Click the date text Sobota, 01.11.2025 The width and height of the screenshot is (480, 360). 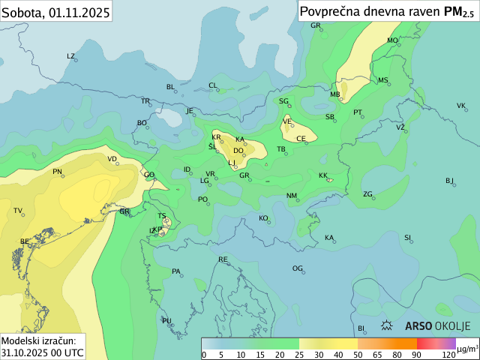coord(56,13)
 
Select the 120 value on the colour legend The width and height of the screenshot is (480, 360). coord(448,354)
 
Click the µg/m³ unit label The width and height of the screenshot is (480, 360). coord(467,349)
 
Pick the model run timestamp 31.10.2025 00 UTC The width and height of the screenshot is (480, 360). coord(42,352)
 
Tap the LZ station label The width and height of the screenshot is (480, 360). coord(71,56)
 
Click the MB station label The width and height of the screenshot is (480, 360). coord(335,94)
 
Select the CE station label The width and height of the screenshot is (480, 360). coord(301,139)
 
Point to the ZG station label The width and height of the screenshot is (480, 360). coord(367,194)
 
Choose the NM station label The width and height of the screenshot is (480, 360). coord(292,196)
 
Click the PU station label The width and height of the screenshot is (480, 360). coord(166,321)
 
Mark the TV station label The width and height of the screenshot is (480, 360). coord(18,211)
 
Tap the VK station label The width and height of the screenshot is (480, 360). coord(460,106)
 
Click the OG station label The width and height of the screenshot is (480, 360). coord(297,268)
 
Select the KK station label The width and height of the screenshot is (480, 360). coord(323,175)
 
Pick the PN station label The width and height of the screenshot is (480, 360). coord(57,172)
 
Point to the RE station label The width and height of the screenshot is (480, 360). coord(223,259)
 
